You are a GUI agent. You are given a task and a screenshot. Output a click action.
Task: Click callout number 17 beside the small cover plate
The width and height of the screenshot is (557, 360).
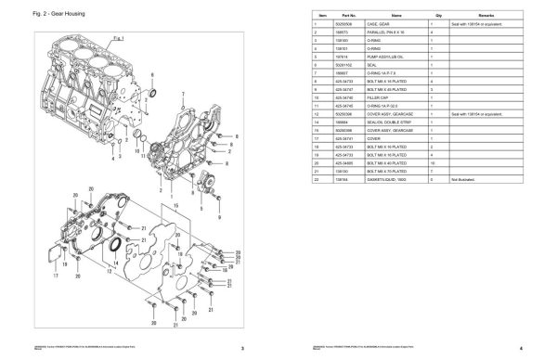[55, 276]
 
